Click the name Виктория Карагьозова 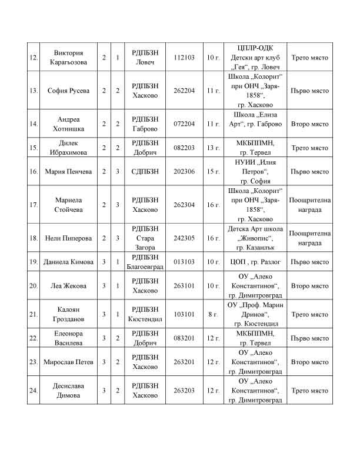(68, 58)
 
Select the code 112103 (185, 58)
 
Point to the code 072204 (185, 124)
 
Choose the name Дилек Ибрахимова (68, 148)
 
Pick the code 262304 (185, 205)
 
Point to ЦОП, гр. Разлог (255, 262)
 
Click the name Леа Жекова (68, 286)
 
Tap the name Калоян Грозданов (68, 314)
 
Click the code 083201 (185, 338)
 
